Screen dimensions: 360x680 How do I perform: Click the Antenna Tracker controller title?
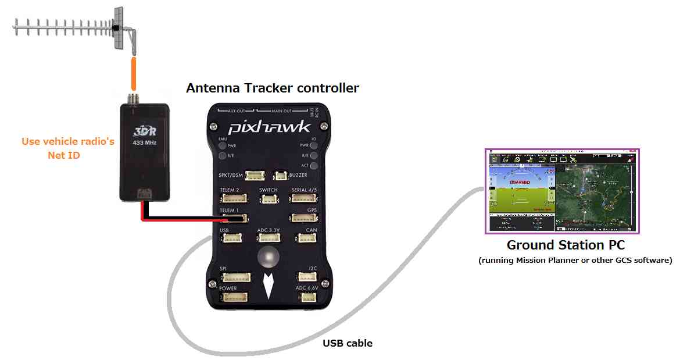(272, 88)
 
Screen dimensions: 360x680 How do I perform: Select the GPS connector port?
(305, 218)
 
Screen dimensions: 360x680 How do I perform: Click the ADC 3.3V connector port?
(269, 238)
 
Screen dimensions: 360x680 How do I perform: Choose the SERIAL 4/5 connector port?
(303, 198)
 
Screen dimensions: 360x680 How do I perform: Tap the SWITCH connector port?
(269, 199)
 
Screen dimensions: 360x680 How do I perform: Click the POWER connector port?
(234, 297)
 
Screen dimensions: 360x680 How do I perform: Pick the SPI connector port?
(234, 277)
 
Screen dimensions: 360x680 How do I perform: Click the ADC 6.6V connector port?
(308, 297)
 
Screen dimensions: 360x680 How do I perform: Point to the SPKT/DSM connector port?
(255, 175)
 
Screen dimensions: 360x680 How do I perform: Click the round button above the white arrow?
(269, 256)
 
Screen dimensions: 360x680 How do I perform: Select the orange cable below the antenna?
(133, 72)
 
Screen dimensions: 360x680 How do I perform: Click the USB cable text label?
(348, 343)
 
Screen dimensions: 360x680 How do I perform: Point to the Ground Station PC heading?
(566, 245)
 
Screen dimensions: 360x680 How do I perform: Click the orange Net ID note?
(67, 148)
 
